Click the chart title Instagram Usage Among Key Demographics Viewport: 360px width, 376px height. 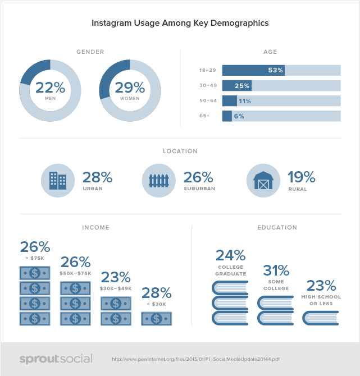click(180, 24)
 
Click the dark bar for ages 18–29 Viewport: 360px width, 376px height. click(253, 70)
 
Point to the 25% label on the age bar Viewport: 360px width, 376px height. click(242, 86)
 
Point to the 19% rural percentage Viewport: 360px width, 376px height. click(302, 177)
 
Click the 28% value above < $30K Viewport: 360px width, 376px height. click(156, 292)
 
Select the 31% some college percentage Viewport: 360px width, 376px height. click(276, 270)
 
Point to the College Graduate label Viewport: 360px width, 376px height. click(231, 270)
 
